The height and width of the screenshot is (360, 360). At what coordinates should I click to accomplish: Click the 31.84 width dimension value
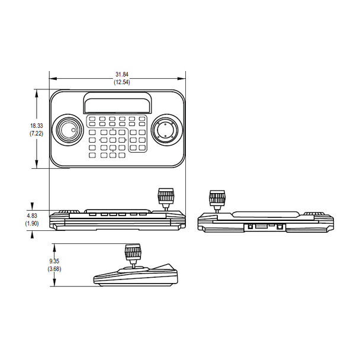pyautogui.click(x=121, y=74)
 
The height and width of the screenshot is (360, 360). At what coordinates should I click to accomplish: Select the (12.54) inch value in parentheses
pyautogui.click(x=121, y=81)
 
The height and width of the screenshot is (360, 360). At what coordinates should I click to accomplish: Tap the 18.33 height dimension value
pyautogui.click(x=37, y=126)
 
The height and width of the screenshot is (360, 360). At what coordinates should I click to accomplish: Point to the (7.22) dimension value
pyautogui.click(x=37, y=134)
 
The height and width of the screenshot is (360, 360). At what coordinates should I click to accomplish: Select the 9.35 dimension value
pyautogui.click(x=54, y=261)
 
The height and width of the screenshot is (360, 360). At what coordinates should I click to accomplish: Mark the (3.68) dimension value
pyautogui.click(x=54, y=269)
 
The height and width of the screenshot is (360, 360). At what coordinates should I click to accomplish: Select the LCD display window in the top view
pyautogui.click(x=116, y=104)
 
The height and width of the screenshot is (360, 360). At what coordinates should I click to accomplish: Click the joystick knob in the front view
pyautogui.click(x=165, y=196)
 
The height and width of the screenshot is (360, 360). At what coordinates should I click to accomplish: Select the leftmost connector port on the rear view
pyautogui.click(x=250, y=226)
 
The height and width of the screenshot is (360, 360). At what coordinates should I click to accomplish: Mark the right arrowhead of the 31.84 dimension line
pyautogui.click(x=184, y=78)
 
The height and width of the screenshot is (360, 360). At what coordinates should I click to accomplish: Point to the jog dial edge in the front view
pyautogui.click(x=70, y=212)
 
